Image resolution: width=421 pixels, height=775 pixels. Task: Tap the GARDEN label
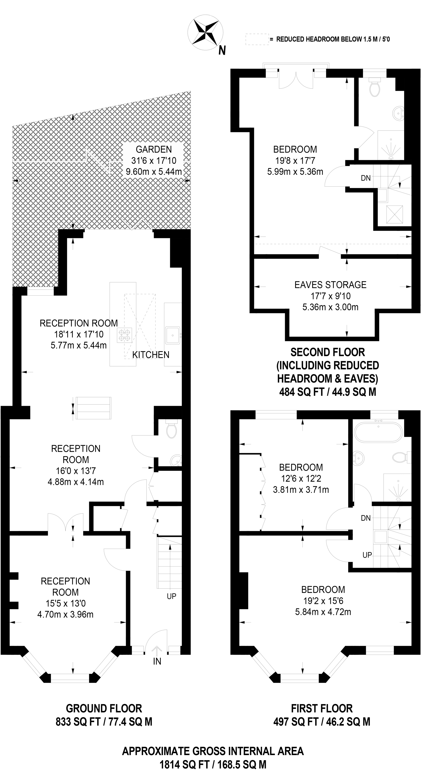pyautogui.click(x=154, y=149)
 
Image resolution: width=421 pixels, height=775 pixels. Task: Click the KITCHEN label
pyautogui.click(x=151, y=355)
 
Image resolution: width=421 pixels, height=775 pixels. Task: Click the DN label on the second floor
pyautogui.click(x=366, y=178)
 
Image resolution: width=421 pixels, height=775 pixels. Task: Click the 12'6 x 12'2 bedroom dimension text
pyautogui.click(x=301, y=478)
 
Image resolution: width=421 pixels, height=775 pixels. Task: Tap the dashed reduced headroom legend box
pyautogui.click(x=257, y=39)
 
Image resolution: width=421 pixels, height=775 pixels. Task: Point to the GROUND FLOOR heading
pyautogui.click(x=104, y=709)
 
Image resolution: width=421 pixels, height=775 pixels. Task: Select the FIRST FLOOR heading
pyautogui.click(x=322, y=709)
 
